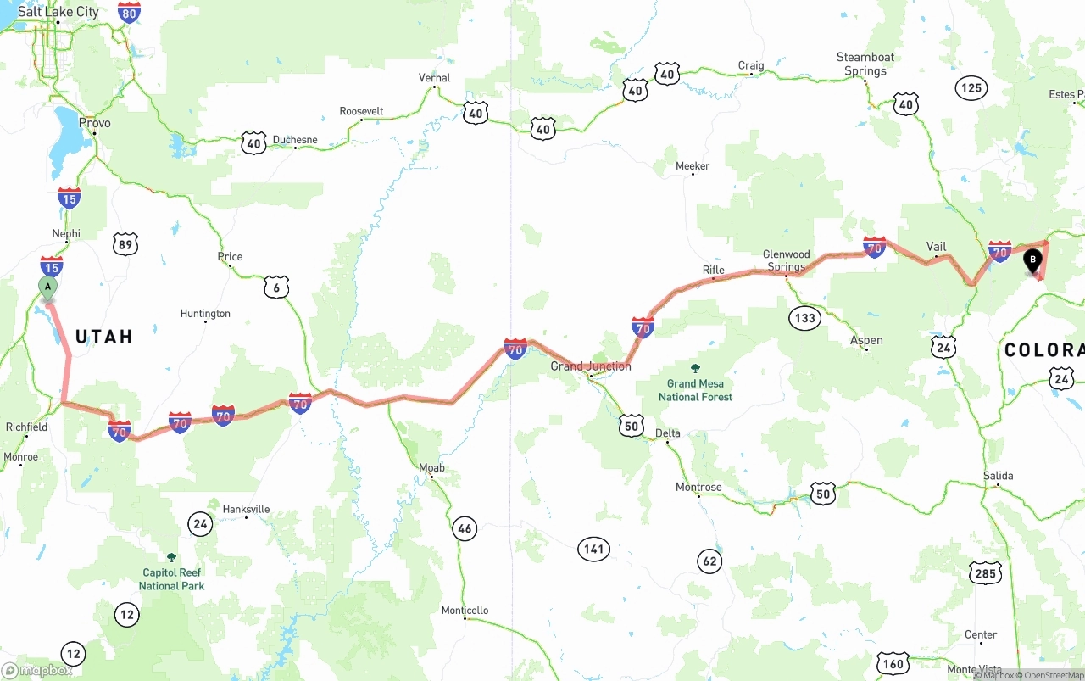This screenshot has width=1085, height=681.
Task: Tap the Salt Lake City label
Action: pos(58,12)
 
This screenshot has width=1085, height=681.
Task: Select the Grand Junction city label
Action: pos(591,366)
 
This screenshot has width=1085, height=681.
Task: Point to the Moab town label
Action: pos(431,468)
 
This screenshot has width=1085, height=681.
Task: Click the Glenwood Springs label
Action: pos(787,260)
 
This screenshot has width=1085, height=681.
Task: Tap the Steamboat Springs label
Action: pos(865,64)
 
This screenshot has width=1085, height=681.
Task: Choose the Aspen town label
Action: pos(866,341)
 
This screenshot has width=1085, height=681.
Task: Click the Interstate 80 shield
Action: pos(129,12)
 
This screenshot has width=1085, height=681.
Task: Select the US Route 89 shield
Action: pos(125,245)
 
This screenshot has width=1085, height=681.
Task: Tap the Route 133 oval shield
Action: pos(804,319)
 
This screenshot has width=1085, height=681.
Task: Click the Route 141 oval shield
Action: pos(594,549)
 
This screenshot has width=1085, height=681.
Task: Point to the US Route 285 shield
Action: pos(986,574)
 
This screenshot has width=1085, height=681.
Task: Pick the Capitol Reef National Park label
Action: pos(171,579)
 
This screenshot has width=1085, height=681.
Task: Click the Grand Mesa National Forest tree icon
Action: pos(695,369)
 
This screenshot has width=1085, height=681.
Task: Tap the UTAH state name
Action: pos(104,337)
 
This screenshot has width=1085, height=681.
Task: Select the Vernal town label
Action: pos(435,78)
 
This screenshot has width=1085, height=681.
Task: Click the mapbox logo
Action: pos(37,670)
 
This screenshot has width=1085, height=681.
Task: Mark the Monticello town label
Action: pos(465,611)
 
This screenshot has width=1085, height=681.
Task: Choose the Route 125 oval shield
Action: pos(971,87)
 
